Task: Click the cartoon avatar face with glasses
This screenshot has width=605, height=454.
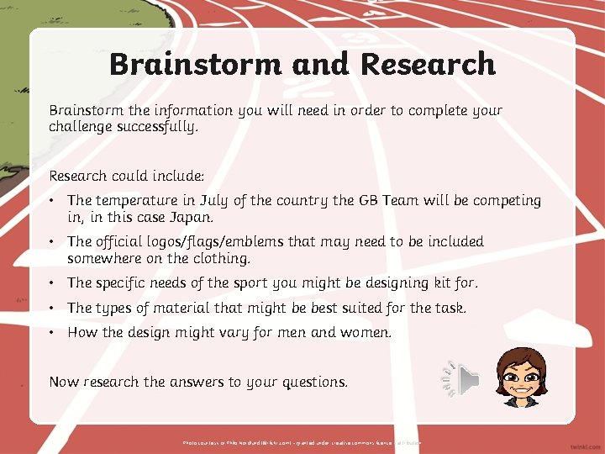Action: pos(521,377)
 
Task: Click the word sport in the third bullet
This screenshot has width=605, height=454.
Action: pos(272,283)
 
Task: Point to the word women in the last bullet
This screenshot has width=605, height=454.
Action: pos(366,332)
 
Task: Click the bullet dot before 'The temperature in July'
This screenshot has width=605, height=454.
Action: pos(53,201)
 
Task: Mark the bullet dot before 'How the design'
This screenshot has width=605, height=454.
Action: pos(53,332)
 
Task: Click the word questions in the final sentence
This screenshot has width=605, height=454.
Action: pos(311,382)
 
